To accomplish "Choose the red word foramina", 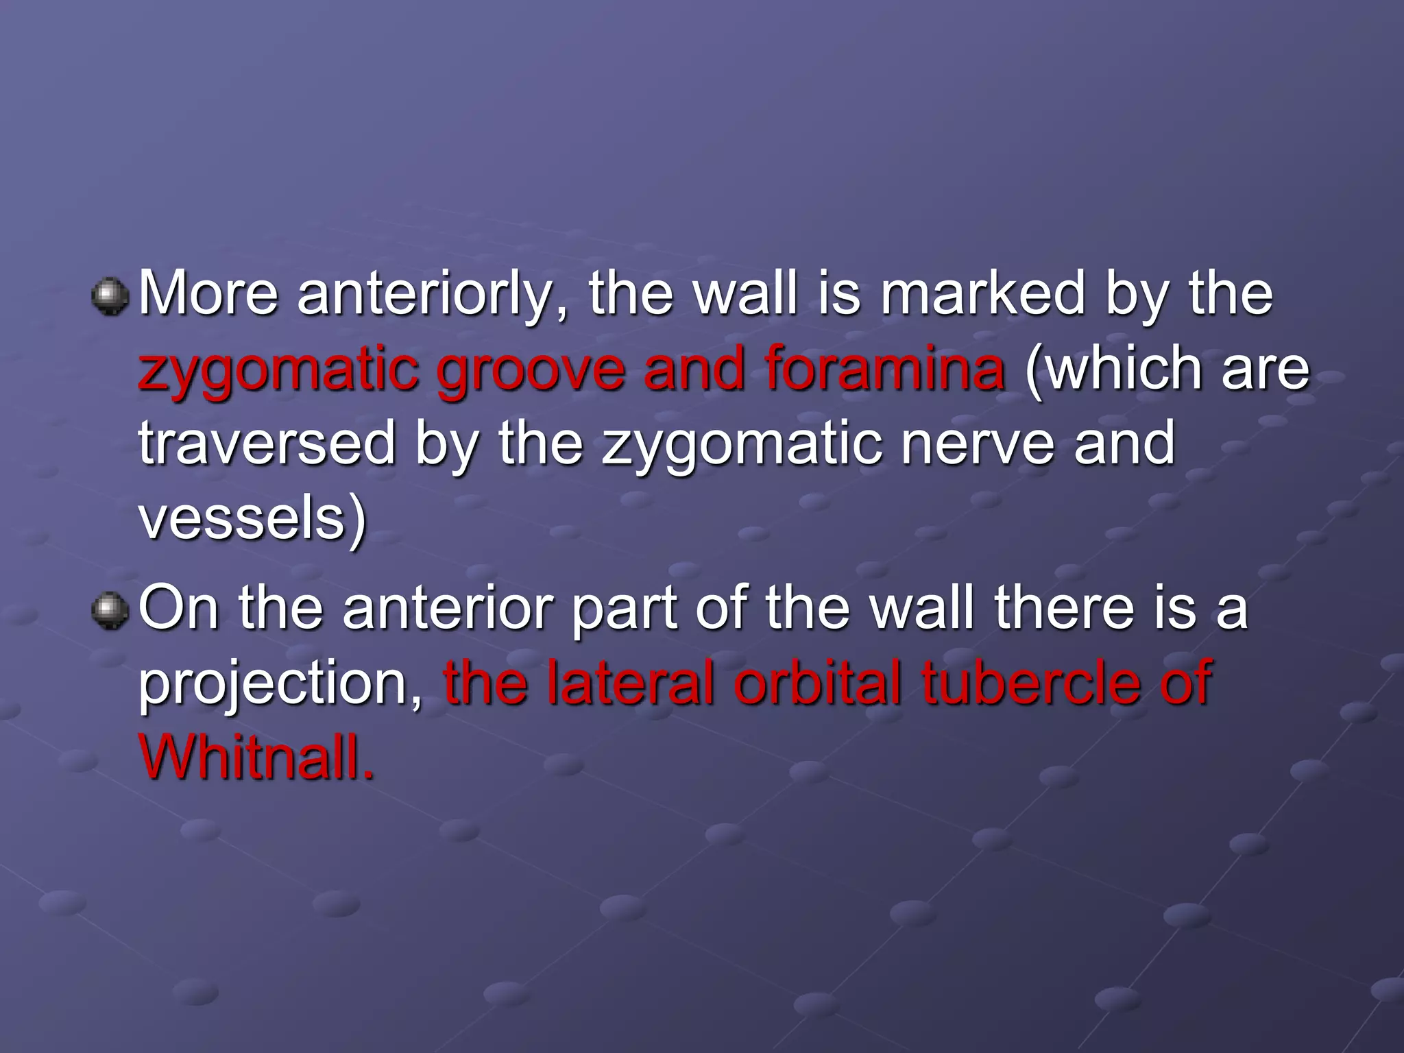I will (884, 369).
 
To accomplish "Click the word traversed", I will (267, 444).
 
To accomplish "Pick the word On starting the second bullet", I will (179, 608).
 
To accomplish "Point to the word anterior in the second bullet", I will (448, 608).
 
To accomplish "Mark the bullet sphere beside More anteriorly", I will (110, 297).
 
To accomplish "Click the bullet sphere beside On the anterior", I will (110, 611).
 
